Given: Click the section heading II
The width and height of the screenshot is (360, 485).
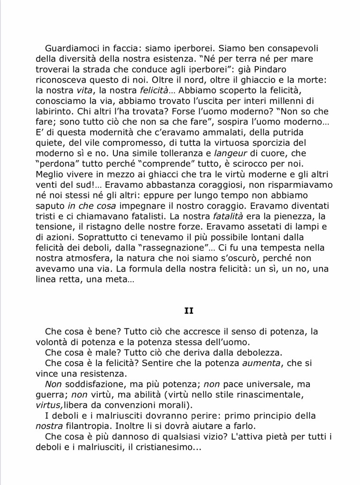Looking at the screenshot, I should (189, 311).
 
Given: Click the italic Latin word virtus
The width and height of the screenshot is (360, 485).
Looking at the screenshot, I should (49, 404).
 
